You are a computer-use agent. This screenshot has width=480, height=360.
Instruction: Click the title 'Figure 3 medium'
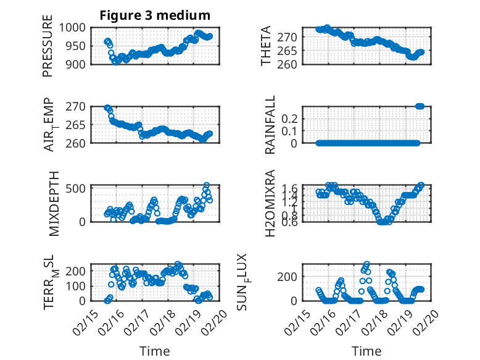(x=155, y=15)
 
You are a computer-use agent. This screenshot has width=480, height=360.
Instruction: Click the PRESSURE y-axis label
(x=48, y=46)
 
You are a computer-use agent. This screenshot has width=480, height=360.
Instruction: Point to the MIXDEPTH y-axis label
(x=53, y=204)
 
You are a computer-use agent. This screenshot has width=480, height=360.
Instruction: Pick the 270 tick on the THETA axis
(x=291, y=37)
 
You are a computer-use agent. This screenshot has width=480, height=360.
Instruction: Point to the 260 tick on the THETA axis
(x=291, y=64)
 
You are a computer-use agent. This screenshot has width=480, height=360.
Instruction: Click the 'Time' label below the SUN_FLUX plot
(x=366, y=351)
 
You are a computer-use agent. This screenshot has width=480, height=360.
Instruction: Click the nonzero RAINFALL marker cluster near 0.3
(x=420, y=106)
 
